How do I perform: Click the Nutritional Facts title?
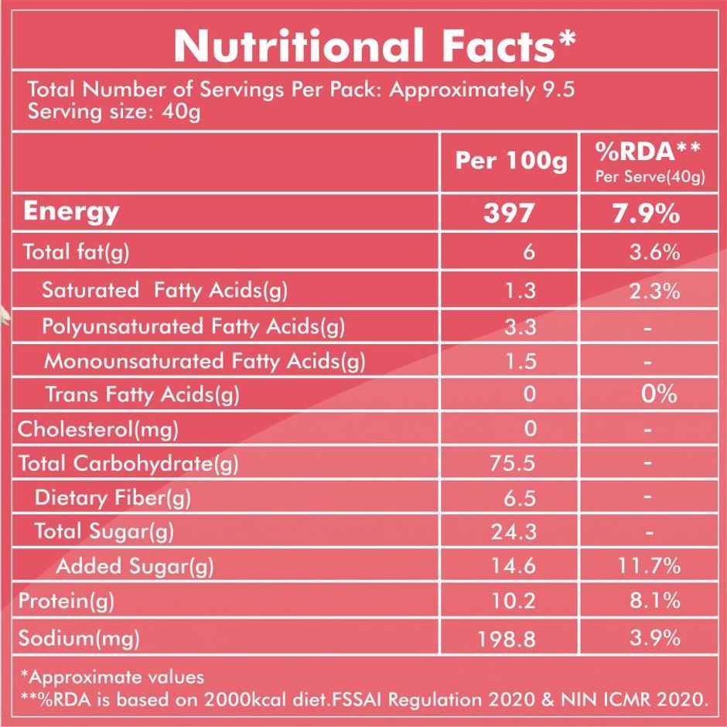374,46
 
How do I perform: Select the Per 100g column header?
510,161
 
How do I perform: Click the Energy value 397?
509,213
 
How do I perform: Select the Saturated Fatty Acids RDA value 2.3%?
654,292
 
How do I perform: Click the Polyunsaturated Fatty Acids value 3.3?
520,326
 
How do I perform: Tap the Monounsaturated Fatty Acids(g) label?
204,360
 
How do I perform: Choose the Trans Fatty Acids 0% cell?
659,394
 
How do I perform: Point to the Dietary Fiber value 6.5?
519,497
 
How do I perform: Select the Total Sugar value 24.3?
514,531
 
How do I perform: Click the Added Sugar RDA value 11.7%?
650,566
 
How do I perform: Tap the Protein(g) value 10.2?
514,601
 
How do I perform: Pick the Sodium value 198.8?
509,638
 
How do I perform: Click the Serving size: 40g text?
114,112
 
